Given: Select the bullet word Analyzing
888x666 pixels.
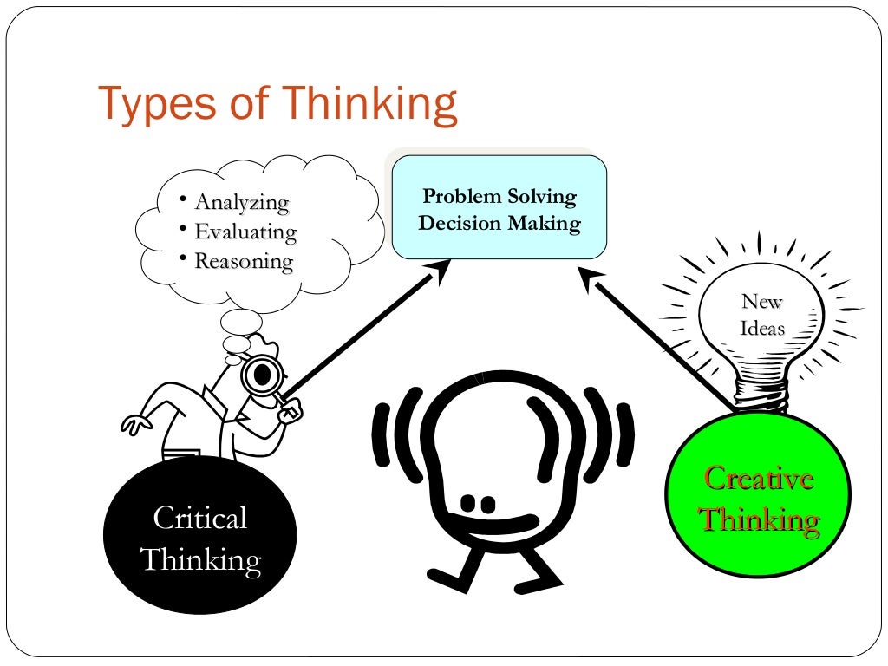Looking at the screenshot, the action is click(x=241, y=203).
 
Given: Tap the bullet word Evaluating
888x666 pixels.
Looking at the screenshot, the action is click(x=245, y=232).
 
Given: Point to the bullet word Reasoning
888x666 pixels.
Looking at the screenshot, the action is click(x=244, y=261).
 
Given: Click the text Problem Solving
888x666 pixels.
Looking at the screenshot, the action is click(x=499, y=197).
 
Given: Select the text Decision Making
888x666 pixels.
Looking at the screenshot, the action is click(x=499, y=224).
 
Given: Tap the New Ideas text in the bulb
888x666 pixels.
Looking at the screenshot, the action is click(x=762, y=315).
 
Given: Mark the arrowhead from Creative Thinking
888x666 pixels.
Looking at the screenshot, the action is click(x=592, y=280).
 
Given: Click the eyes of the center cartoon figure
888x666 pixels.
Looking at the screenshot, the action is click(x=477, y=503).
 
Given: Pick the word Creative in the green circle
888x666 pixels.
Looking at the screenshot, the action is click(x=759, y=478).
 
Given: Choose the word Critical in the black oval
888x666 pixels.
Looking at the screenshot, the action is click(x=199, y=519).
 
